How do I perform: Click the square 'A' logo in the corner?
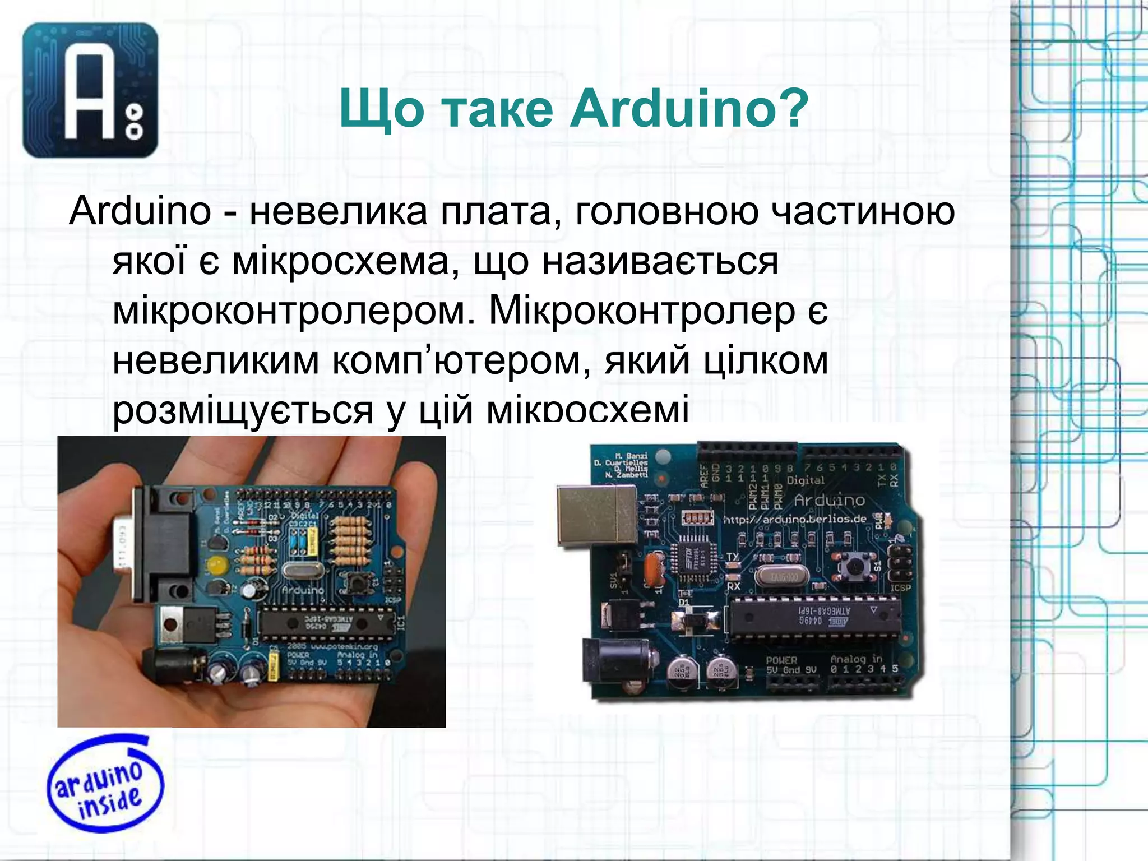(90, 90)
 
